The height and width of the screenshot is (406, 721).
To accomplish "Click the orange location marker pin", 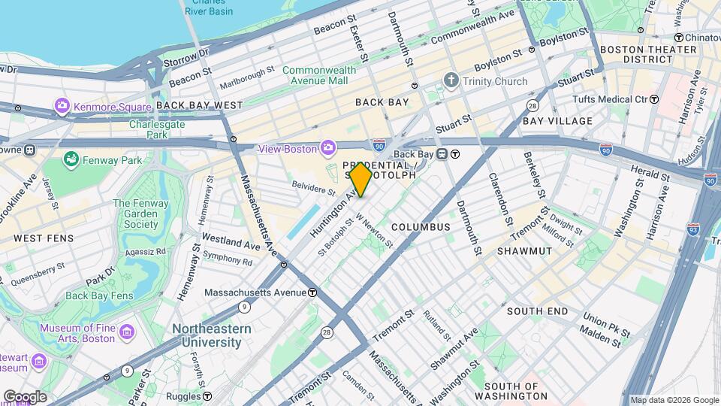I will (x=361, y=180).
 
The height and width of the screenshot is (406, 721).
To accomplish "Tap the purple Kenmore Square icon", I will (x=62, y=106).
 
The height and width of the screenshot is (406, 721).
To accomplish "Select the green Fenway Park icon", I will (x=71, y=159).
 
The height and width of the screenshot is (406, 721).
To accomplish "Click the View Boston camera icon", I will (x=327, y=148).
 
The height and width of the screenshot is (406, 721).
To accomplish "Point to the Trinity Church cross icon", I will (x=451, y=80).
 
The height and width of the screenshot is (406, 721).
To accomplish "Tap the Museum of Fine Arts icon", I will (x=126, y=332).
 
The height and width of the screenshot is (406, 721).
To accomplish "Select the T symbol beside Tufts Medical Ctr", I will (x=653, y=99).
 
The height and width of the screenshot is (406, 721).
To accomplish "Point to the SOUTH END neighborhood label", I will (x=537, y=311).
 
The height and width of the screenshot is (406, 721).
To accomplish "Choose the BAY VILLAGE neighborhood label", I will (x=557, y=120).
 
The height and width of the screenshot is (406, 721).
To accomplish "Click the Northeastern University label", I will (x=207, y=335).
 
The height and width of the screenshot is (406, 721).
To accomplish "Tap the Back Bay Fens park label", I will (x=99, y=295).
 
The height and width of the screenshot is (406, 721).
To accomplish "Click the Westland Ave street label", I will (x=231, y=243).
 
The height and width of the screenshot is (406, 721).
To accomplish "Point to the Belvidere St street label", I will (x=312, y=186).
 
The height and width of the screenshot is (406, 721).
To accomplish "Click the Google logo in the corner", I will (x=24, y=396).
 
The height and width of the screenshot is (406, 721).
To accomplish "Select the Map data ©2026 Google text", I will (x=674, y=400).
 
